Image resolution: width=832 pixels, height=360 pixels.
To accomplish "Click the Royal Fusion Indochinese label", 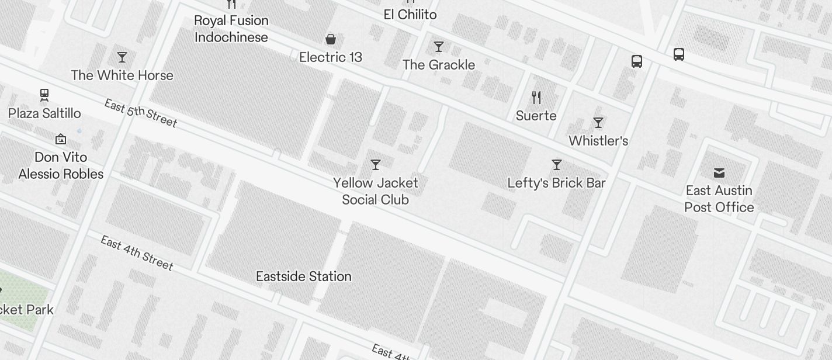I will [x=231, y=29].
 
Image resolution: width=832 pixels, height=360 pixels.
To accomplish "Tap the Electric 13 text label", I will [x=331, y=57].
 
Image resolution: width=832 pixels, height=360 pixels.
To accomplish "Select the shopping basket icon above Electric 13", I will [x=331, y=39].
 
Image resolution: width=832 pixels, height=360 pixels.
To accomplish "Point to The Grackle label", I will [x=439, y=65].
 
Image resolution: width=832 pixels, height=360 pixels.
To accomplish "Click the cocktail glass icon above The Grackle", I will [x=439, y=47].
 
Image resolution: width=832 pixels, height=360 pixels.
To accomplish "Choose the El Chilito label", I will [x=410, y=15].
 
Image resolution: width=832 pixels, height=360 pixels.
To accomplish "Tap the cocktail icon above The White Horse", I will [x=122, y=57].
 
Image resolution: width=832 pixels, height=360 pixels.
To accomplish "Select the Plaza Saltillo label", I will [x=44, y=113].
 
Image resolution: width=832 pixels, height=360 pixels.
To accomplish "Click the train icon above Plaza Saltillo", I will [x=44, y=95].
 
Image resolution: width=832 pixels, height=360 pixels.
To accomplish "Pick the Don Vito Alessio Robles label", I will [x=61, y=165].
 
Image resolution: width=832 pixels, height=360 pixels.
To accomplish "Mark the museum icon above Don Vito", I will [x=61, y=139].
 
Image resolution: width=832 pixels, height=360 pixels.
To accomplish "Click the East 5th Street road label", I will [x=141, y=113].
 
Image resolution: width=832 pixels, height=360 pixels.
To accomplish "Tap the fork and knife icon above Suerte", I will [x=536, y=97].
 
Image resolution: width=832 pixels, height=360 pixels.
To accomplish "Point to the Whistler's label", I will [x=598, y=141].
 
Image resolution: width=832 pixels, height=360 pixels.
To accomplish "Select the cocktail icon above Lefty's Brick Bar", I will [x=557, y=165].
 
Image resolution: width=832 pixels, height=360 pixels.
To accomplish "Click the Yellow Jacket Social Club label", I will [x=376, y=191].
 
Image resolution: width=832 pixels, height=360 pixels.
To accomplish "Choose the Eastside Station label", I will [x=304, y=276].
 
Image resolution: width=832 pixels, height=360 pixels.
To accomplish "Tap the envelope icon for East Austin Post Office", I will [x=719, y=172].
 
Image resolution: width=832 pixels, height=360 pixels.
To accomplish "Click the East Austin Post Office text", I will [x=719, y=199].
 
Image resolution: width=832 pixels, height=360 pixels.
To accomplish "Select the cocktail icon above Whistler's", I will [x=598, y=123].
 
